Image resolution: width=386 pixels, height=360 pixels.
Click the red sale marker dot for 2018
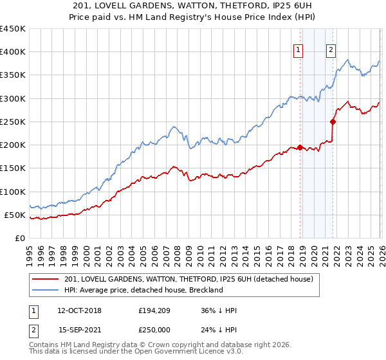[300, 147]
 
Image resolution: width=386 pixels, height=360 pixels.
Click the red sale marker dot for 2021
[333, 122]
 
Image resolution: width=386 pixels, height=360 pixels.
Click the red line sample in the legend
[46, 279]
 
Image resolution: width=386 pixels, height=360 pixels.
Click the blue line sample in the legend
[46, 290]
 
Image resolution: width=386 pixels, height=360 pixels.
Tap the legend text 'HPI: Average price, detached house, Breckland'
[143, 290]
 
